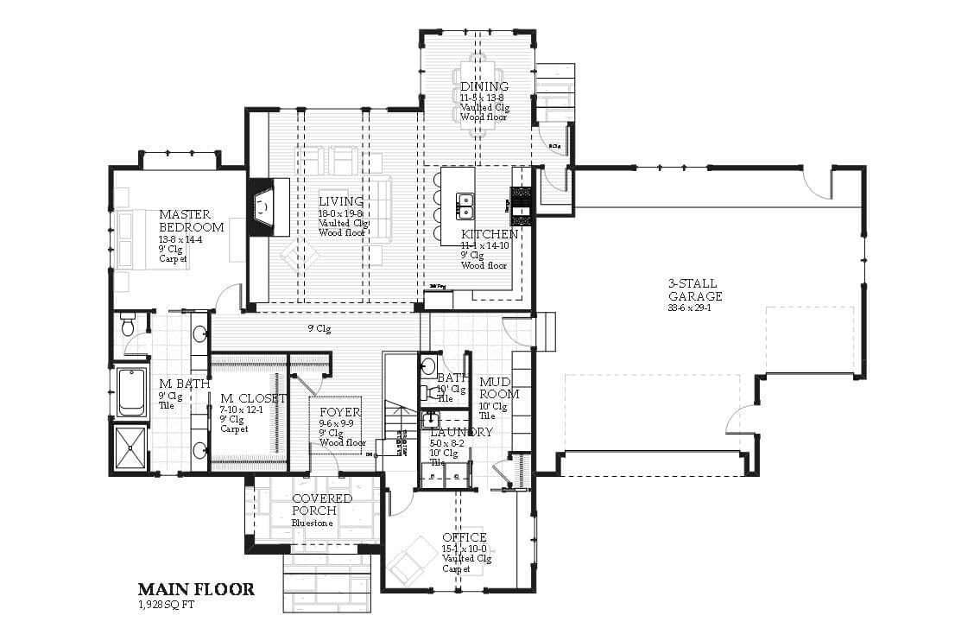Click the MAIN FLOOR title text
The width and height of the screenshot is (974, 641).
point(196,589)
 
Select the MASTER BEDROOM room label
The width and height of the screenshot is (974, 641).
point(191,221)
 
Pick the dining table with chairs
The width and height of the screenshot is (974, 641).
point(479,95)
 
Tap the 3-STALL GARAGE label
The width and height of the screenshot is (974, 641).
point(693,289)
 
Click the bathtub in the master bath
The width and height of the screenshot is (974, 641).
point(131,392)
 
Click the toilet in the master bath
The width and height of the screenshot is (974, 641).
point(129,325)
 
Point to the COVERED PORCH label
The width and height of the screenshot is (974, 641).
point(321,505)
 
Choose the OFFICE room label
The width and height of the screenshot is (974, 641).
point(465,537)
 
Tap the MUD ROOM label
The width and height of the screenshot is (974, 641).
point(499,388)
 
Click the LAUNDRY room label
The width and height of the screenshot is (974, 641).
point(461,432)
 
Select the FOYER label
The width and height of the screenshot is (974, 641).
point(340,412)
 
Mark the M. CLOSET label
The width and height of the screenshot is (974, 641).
point(252,397)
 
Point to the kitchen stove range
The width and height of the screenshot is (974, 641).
point(522,202)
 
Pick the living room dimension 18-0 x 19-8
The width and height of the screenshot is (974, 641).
point(341,213)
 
